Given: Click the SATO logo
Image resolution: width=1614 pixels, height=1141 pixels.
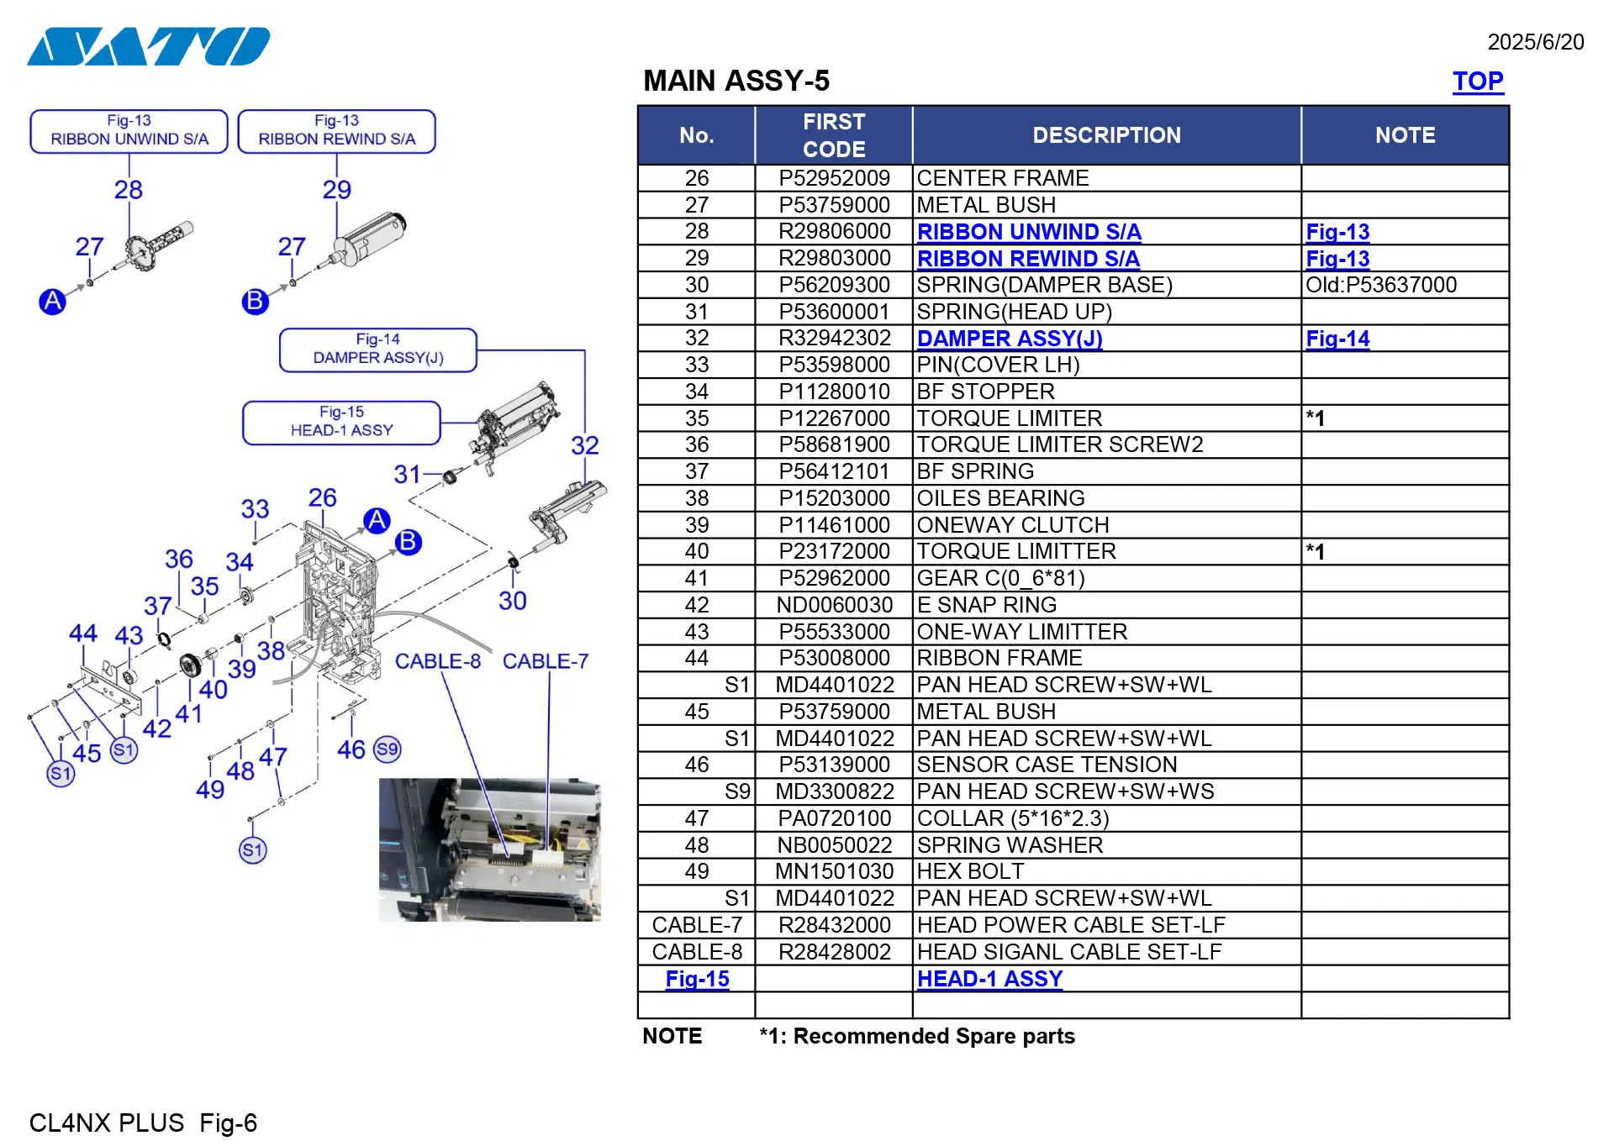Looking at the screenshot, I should point(149,46).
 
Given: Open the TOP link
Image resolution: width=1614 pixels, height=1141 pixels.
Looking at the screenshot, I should point(1477,81).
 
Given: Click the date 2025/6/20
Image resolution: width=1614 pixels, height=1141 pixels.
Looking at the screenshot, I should point(1535,42).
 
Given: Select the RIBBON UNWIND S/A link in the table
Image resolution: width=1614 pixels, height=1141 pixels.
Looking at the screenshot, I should point(1028,232).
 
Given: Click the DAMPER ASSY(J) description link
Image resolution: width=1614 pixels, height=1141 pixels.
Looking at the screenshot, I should point(1009,339).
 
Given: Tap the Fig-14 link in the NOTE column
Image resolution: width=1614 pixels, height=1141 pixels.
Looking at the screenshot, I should point(1337,339).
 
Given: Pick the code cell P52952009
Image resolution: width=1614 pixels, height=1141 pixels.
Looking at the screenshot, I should point(833,178).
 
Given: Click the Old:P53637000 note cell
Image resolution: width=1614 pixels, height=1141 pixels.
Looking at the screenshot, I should point(1380,285).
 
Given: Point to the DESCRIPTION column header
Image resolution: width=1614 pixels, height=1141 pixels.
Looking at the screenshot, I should point(1105,135).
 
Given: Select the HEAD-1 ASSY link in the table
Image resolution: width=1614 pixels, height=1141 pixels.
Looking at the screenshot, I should point(989,979).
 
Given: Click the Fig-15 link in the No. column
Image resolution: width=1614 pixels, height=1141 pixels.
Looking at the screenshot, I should point(697,979).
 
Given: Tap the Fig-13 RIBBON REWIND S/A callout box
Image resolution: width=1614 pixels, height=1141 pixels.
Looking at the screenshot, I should point(336,131).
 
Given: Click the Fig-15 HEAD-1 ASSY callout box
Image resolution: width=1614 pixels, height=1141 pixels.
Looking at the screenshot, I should point(341,422).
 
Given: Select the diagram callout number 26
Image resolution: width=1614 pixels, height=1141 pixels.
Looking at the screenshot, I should point(322,497).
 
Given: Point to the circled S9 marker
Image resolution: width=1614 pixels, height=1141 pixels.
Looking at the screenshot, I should point(387,749).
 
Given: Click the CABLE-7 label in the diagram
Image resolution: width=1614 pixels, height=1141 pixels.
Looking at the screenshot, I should point(545,661).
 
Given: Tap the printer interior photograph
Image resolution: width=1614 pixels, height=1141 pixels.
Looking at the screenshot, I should point(489,849).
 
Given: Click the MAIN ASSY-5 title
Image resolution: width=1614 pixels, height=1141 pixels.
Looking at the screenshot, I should point(736,81).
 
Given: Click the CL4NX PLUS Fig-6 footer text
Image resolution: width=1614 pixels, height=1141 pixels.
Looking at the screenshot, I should point(143,1123).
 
